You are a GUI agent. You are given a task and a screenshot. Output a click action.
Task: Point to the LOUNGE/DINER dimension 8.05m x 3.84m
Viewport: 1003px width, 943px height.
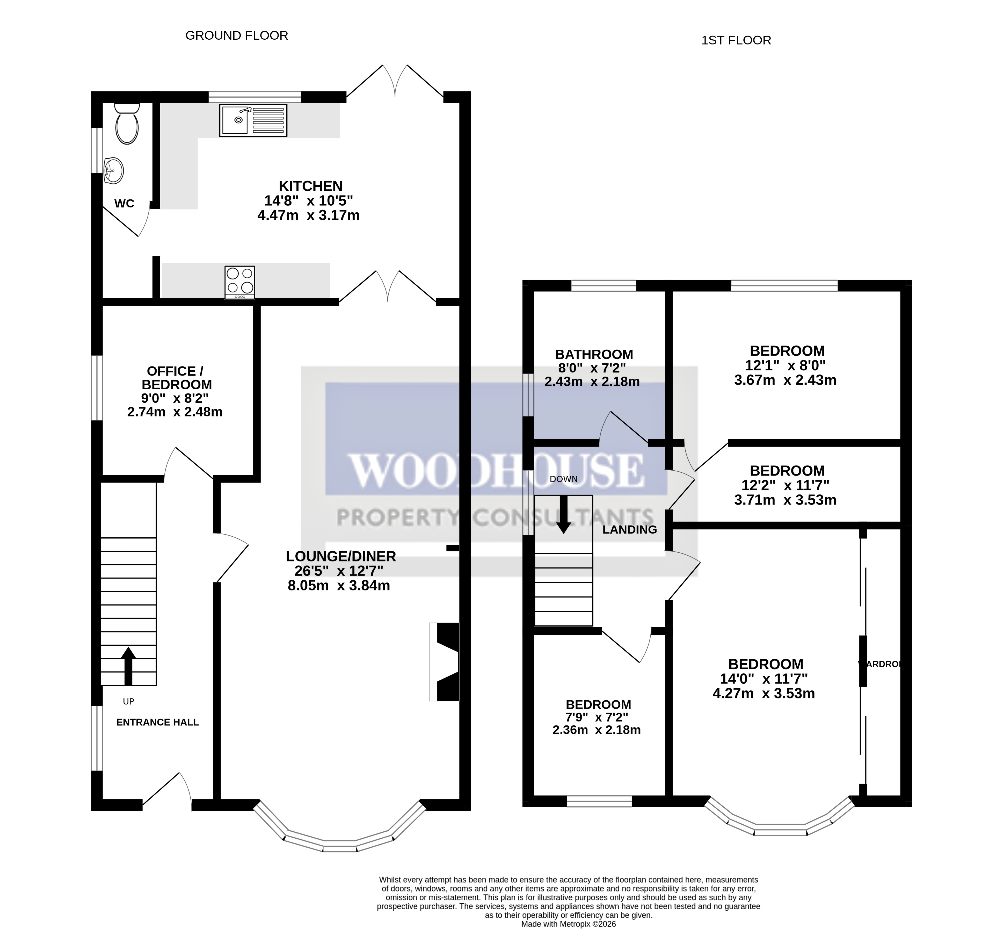(339, 586)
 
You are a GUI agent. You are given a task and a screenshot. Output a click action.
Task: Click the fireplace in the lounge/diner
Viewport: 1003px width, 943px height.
(447, 662)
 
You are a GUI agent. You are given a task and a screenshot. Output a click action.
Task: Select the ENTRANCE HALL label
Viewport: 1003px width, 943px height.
(157, 722)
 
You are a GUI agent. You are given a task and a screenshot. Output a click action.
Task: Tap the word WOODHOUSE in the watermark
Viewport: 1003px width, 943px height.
(497, 471)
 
